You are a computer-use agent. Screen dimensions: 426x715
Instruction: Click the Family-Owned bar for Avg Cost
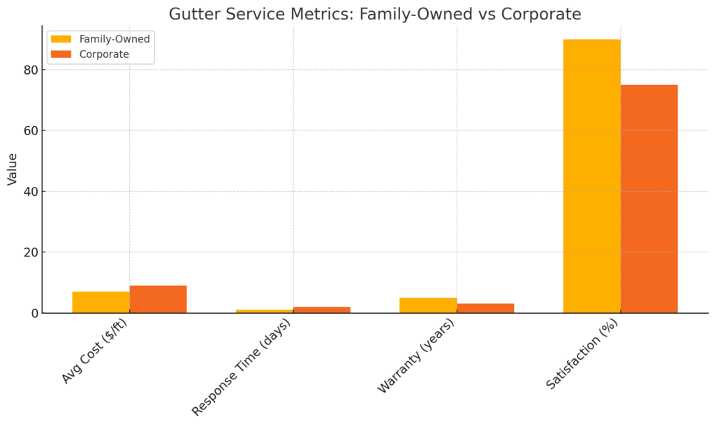tap(101, 302)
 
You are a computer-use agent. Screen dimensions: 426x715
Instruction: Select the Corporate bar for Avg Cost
tap(158, 299)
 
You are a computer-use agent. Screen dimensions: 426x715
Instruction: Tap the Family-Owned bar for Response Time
tap(265, 311)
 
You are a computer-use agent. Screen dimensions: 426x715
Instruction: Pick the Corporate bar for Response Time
tap(322, 310)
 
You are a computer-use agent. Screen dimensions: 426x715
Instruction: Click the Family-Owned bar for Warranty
tap(428, 305)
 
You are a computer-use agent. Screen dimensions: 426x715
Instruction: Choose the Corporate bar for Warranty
tap(485, 308)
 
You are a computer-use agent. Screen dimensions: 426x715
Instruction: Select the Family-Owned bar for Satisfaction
tap(591, 176)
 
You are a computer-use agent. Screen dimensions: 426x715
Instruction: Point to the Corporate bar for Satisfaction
tap(649, 199)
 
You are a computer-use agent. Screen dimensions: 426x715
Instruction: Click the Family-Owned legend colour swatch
tap(61, 39)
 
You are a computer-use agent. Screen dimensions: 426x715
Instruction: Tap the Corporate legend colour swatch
tap(61, 54)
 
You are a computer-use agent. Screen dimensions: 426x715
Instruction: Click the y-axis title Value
tap(13, 169)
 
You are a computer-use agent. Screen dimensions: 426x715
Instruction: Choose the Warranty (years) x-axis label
tap(415, 356)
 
